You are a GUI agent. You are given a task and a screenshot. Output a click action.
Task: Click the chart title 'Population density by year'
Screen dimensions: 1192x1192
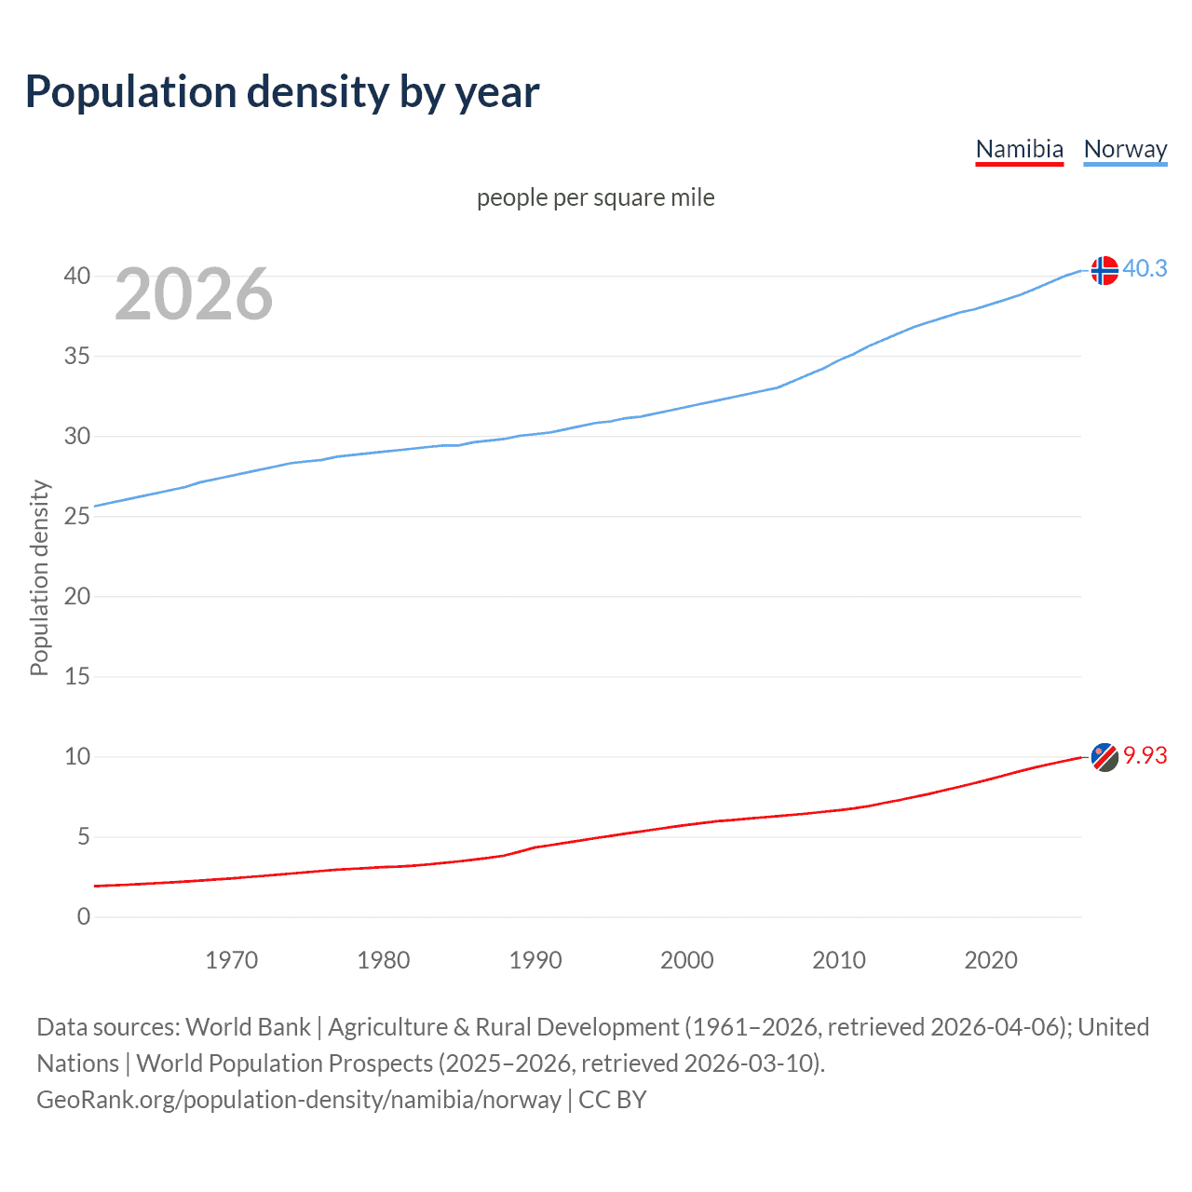[282, 92]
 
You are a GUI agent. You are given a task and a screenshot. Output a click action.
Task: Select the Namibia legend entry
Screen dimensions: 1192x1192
[1019, 149]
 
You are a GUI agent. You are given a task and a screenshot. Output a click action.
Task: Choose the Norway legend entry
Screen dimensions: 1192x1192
[1125, 149]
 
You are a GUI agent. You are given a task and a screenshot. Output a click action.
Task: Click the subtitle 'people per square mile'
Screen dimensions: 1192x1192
[595, 197]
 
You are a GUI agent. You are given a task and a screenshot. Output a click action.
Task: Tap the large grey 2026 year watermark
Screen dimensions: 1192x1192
[194, 294]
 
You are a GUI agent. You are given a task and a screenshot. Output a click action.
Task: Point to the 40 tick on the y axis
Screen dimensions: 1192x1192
[77, 276]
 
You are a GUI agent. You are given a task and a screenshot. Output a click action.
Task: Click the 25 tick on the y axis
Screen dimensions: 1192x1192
[77, 516]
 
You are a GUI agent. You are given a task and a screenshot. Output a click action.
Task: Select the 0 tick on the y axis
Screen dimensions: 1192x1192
[84, 916]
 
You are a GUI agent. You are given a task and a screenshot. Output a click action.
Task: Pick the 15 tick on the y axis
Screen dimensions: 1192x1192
[77, 676]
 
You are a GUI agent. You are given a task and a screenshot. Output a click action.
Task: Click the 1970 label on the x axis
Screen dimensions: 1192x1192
[231, 960]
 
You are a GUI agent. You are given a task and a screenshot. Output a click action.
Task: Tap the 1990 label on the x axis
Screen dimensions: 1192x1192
[535, 960]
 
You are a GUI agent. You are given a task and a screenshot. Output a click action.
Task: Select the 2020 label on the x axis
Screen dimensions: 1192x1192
[990, 960]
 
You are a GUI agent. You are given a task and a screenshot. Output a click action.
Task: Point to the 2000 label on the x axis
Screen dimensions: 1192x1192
[686, 960]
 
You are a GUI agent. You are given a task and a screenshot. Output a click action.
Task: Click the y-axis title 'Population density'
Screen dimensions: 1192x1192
[39, 577]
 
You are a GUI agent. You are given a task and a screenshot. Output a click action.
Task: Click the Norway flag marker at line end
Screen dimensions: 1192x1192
[1104, 270]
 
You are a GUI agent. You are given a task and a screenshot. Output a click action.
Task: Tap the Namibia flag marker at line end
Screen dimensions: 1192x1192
[1104, 757]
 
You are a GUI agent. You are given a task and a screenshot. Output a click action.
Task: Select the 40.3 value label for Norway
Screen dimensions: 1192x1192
[1145, 268]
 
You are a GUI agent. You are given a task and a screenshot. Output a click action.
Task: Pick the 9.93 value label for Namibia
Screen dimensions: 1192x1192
[1145, 755]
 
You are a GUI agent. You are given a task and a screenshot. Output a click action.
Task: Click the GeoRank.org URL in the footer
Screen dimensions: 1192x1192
[299, 1099]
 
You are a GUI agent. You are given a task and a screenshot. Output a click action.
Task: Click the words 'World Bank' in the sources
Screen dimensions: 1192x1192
[248, 1026]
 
